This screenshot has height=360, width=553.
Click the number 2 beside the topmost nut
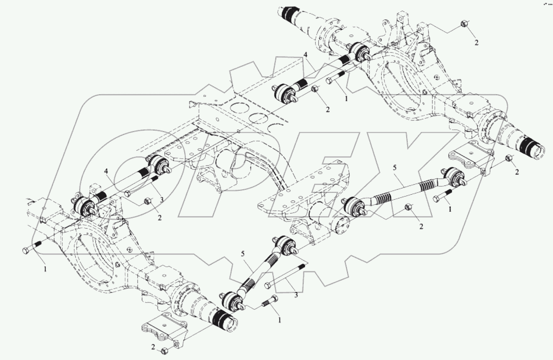coord(476,43)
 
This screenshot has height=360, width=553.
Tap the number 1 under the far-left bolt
coord(46,269)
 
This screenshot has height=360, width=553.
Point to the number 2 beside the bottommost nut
coord(153,347)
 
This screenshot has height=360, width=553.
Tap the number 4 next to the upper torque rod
coord(305,54)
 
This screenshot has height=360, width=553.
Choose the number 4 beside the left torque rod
coord(106,171)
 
